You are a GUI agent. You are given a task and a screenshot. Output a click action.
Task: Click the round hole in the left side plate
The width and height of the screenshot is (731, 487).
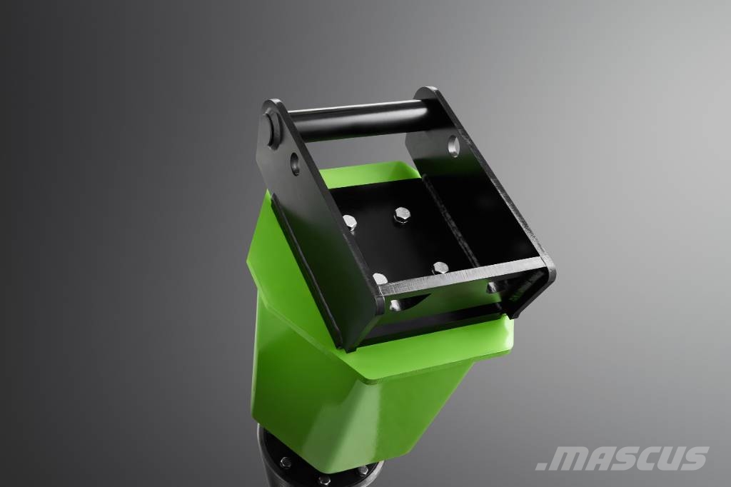tap(295, 164)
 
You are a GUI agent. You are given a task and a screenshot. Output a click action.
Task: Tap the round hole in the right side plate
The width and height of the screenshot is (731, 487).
tap(453, 146)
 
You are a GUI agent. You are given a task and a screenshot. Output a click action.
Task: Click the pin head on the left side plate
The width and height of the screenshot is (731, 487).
tap(272, 126)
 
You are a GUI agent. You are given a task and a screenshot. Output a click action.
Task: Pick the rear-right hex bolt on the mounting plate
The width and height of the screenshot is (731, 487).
tap(402, 215)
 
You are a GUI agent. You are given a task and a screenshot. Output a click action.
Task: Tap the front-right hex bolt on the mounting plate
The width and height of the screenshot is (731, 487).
tap(440, 267)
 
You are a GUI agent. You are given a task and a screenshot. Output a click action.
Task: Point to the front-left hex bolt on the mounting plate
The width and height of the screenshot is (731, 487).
tap(380, 279)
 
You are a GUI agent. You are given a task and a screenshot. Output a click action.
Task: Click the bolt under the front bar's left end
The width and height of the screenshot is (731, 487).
tap(395, 306)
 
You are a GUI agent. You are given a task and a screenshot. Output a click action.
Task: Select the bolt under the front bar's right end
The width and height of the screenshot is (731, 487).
tap(493, 287)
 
